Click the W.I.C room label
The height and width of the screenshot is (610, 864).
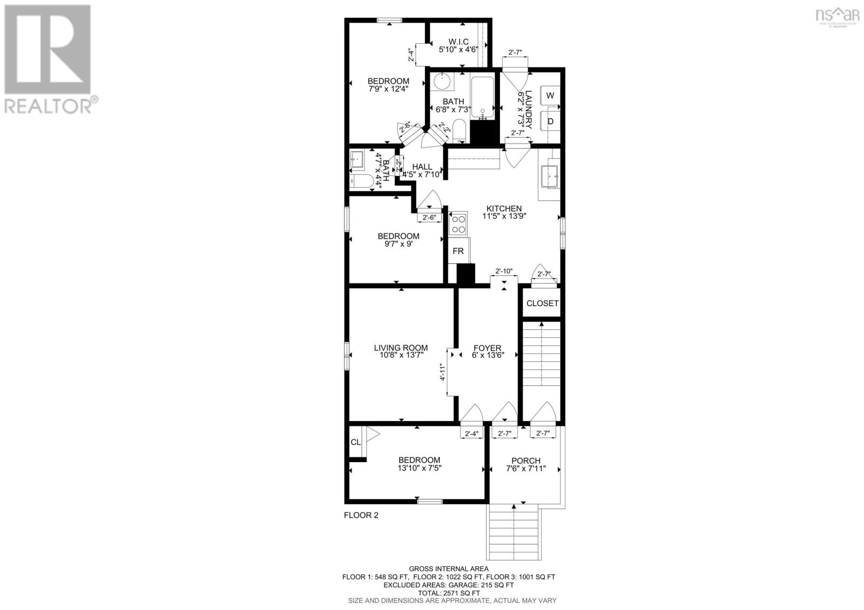pyautogui.click(x=458, y=42)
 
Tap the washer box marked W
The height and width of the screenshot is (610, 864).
pyautogui.click(x=550, y=96)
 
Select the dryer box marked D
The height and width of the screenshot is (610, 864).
pyautogui.click(x=550, y=121)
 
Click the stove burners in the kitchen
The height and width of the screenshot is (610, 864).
pyautogui.click(x=458, y=224)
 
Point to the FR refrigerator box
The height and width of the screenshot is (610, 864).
pyautogui.click(x=458, y=251)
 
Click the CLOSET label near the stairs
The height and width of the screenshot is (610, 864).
pyautogui.click(x=542, y=303)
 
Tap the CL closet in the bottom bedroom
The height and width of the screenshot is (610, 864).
pyautogui.click(x=355, y=442)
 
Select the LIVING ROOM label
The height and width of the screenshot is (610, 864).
pyautogui.click(x=401, y=348)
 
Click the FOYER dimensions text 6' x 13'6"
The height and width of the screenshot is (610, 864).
pyautogui.click(x=487, y=356)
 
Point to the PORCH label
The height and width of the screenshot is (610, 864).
pyautogui.click(x=525, y=460)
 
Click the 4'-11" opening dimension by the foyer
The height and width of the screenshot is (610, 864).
pyautogui.click(x=441, y=372)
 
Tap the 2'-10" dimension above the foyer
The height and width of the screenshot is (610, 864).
pyautogui.click(x=503, y=272)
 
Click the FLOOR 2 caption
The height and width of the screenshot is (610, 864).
pyautogui.click(x=361, y=515)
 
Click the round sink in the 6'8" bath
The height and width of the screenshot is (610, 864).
pyautogui.click(x=443, y=83)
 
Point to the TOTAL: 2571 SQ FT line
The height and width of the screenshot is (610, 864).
pyautogui.click(x=448, y=592)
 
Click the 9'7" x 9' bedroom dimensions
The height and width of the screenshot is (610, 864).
pyautogui.click(x=398, y=243)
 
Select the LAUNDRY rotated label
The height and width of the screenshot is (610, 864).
pyautogui.click(x=525, y=110)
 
